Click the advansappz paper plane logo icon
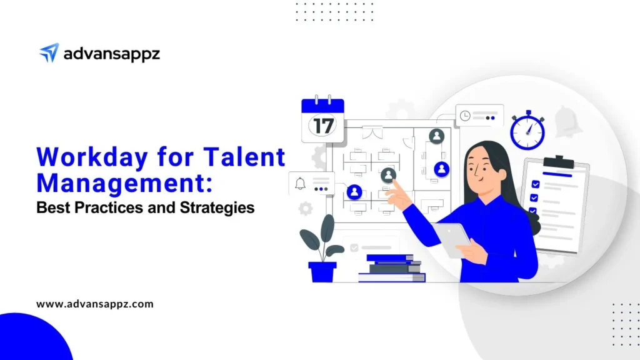point(49,52)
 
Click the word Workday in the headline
point(92,157)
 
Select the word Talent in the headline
point(244,157)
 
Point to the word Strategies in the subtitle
point(217,207)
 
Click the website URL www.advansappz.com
point(95,304)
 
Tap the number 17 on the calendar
point(323,126)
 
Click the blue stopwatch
point(527,130)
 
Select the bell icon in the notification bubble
point(300,183)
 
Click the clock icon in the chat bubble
point(465,116)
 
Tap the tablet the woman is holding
point(452,239)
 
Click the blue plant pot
point(322,272)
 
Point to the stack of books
point(391,268)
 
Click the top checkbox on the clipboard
point(536,184)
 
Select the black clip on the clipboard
point(559,162)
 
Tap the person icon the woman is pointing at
point(388,175)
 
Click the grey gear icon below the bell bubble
point(305,209)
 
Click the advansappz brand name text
point(111,54)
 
